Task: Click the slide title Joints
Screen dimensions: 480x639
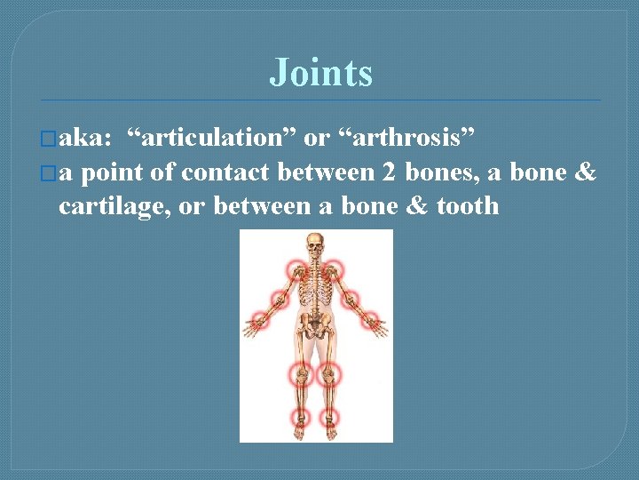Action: [320, 73]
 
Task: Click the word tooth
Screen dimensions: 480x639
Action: [468, 206]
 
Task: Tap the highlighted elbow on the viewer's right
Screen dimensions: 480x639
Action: [351, 300]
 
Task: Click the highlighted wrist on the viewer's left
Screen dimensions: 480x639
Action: [262, 320]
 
